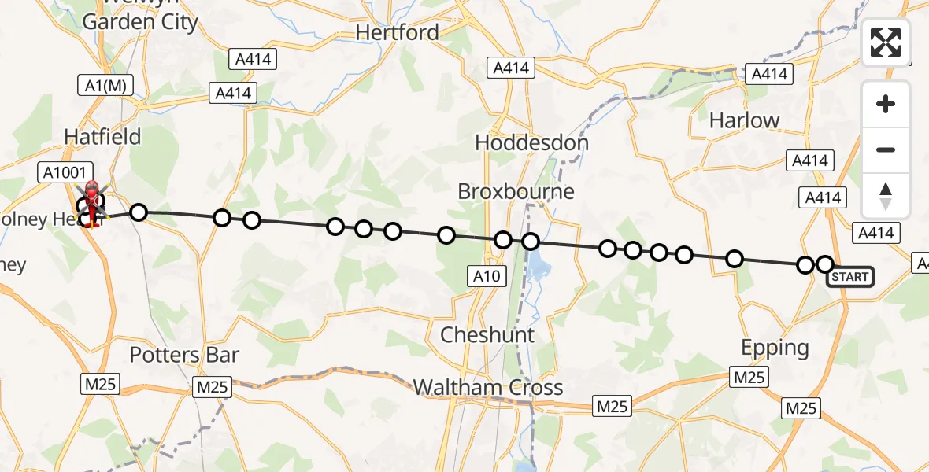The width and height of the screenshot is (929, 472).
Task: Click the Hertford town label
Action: click(x=397, y=32)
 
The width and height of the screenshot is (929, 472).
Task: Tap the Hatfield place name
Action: click(x=102, y=137)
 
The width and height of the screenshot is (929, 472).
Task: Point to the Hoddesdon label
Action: click(x=531, y=143)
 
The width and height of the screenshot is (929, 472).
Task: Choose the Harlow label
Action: click(x=744, y=120)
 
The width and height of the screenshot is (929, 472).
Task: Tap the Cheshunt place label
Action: click(x=487, y=335)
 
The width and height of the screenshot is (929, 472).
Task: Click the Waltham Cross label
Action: click(x=487, y=387)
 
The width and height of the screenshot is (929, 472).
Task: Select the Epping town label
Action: click(x=775, y=348)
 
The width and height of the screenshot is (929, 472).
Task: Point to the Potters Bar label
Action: click(x=183, y=355)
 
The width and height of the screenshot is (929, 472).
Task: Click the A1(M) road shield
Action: click(x=105, y=85)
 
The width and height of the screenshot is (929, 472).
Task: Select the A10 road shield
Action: click(x=487, y=275)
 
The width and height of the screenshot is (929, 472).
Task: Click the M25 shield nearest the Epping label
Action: click(x=749, y=377)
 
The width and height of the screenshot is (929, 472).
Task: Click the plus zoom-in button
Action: click(x=886, y=105)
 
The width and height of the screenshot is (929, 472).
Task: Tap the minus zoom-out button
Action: click(x=886, y=149)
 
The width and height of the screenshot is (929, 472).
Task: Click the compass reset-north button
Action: click(x=886, y=196)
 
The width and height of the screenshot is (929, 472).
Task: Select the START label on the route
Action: click(x=849, y=277)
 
